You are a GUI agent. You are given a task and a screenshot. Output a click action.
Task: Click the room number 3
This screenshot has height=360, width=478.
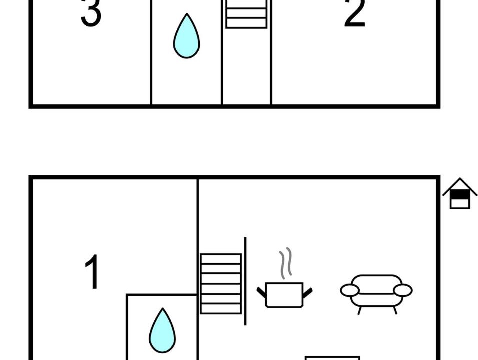coord(91,13)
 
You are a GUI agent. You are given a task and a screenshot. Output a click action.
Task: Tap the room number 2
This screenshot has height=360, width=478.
coord(354,13)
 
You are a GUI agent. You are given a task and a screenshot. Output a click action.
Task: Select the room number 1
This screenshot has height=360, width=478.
coord(92,272)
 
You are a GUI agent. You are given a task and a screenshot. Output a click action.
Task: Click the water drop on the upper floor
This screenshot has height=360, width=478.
coord(187,36)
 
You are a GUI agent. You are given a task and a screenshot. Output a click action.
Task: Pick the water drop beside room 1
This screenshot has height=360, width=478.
coord(163,331)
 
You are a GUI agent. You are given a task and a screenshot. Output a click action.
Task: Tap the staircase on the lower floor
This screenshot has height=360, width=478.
coord(221,284)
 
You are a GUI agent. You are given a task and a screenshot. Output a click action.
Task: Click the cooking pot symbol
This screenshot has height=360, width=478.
coord(284,295)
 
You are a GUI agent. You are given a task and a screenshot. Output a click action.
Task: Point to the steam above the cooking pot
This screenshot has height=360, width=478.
coord(285,263)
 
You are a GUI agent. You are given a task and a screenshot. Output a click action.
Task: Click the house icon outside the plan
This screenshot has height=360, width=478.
coord(460,193)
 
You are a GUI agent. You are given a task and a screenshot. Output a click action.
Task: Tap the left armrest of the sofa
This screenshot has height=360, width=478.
coord(350,290)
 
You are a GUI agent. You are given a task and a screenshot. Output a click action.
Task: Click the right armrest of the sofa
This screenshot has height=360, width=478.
coord(403,290)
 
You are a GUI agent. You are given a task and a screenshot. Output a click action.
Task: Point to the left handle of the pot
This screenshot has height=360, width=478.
coord(261,292)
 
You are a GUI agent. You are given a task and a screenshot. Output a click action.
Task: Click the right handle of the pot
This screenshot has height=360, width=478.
coord(308,293)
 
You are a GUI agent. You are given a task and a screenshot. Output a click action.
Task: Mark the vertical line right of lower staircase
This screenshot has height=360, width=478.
coord(245,281)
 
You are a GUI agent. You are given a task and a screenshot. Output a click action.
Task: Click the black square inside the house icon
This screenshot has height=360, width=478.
coord(460,194)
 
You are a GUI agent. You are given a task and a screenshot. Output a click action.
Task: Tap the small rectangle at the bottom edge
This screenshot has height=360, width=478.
coord(332,358)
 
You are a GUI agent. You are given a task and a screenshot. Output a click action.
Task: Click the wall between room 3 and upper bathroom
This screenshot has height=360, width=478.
coord(151,52)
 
